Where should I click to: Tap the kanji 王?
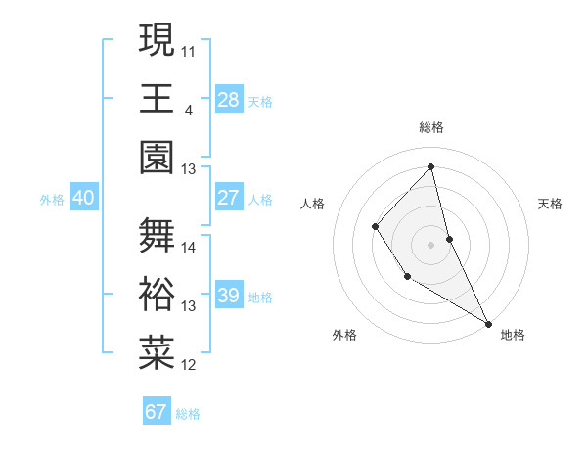coord(157,98)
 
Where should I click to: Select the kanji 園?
coord(157,157)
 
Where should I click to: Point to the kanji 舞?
coord(157,235)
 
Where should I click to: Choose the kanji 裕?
coord(157,294)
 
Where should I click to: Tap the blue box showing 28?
coord(229,99)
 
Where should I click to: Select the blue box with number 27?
coord(229,198)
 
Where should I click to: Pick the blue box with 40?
coord(83,198)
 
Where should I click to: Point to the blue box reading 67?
coord(157,412)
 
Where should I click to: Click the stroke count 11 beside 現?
coord(189,50)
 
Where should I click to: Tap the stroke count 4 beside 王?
coord(188,109)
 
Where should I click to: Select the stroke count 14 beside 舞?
coord(189,247)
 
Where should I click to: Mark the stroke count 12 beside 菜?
coord(189,365)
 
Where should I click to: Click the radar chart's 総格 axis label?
coord(431,127)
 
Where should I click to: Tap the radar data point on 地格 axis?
coord(488,322)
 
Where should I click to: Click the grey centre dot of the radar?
coord(431,244)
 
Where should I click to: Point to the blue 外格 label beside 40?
coord(52,199)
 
